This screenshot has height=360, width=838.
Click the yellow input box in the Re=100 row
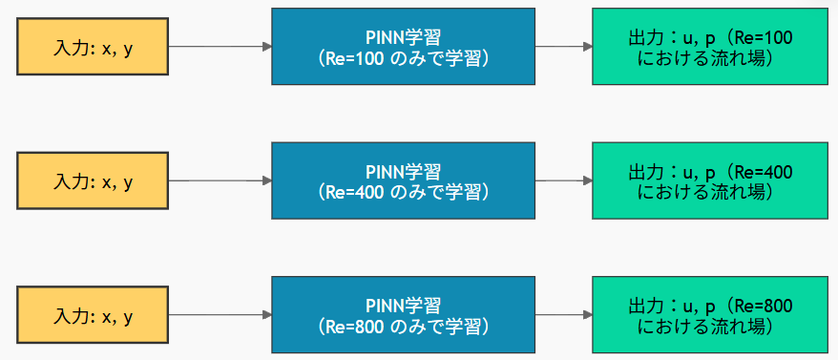pos(93,47)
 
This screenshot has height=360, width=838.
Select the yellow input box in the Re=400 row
pos(93,181)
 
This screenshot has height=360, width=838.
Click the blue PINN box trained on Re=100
pos(403,47)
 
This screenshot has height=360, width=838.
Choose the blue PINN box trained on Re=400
pos(403,181)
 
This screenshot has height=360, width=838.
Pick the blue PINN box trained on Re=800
pos(403,315)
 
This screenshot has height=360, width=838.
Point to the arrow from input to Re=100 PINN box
pos(220,46)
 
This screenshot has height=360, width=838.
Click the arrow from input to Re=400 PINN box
pos(220,180)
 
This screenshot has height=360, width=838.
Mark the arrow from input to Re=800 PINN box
pos(220,315)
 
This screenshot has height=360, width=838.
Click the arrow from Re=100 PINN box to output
pos(563,46)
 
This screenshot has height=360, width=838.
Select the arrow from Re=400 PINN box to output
pos(563,180)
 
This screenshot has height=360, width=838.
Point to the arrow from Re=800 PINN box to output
pos(563,315)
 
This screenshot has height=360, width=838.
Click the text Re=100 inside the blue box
pos(352,58)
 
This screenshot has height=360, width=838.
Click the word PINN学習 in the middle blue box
pos(403,171)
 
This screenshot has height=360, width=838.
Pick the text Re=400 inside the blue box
pos(352,192)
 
